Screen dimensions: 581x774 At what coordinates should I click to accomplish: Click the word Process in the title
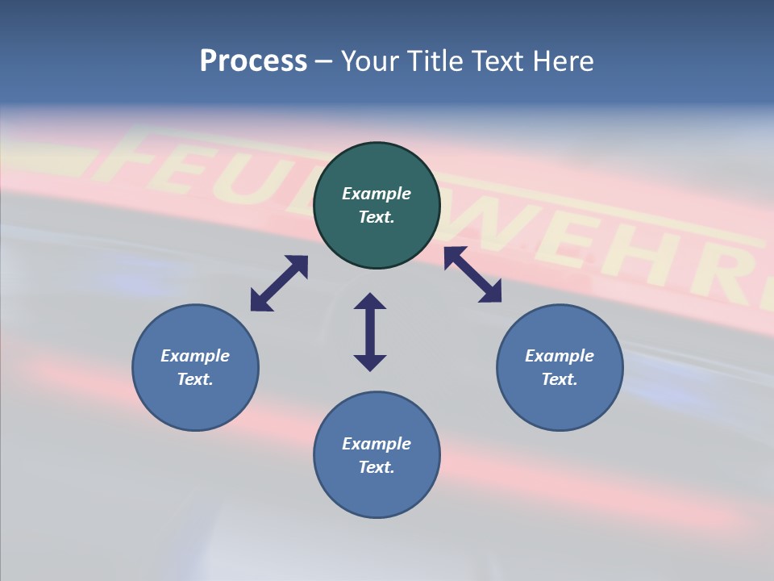[x=253, y=61]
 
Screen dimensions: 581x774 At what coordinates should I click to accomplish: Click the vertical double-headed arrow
[x=370, y=332]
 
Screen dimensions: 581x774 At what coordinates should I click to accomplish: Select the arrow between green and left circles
[x=279, y=283]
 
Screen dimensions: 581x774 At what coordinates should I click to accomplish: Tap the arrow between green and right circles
[x=472, y=274]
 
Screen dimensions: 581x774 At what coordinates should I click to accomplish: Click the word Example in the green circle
[x=377, y=194]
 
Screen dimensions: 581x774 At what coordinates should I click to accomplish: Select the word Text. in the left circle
[x=195, y=379]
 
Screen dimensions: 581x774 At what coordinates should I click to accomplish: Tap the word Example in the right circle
[x=560, y=356]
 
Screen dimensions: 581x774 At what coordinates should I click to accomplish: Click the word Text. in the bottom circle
[x=377, y=467]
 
